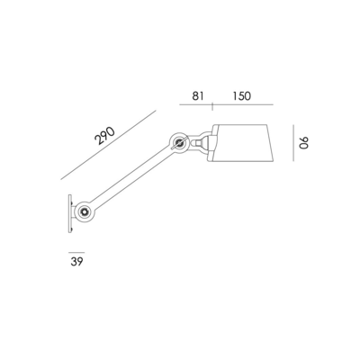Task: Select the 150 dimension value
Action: pos(240,95)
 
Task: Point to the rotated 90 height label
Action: pos(304,144)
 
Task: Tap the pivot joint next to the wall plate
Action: pos(84,211)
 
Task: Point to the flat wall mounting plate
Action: pos(68,211)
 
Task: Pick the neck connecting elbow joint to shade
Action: pos(202,141)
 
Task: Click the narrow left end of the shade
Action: pos(214,142)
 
